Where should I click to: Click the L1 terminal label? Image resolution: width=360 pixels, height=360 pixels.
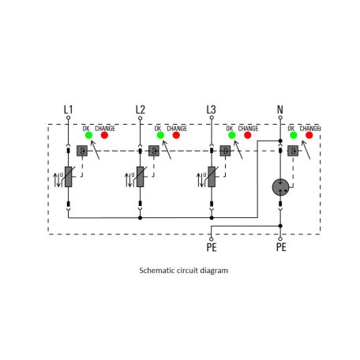[68, 110]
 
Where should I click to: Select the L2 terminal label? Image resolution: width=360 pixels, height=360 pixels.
[141, 110]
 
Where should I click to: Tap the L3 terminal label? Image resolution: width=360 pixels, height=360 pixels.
[211, 110]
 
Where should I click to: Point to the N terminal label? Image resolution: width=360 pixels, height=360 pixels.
[280, 110]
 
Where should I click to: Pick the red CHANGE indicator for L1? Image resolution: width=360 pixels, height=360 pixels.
[105, 135]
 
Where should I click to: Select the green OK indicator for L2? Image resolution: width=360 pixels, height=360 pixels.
[159, 135]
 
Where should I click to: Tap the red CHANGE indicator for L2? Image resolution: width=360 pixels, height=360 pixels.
[177, 135]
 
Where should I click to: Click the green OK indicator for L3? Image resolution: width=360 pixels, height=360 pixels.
[230, 135]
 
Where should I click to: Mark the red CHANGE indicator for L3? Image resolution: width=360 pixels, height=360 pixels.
[247, 135]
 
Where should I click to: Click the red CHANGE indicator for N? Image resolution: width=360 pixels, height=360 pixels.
[309, 135]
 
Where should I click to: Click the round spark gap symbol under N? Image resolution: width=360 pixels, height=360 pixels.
[280, 186]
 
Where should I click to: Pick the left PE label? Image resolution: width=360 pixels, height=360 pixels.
[211, 247]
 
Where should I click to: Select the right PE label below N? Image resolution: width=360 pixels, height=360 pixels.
[280, 247]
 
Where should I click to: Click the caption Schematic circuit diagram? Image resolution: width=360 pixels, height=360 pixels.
[182, 270]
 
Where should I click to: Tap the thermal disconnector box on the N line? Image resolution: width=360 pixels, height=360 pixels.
[294, 150]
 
